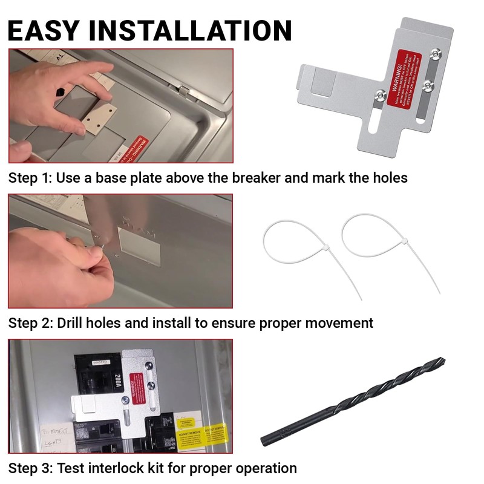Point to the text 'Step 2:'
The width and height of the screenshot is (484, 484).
30,323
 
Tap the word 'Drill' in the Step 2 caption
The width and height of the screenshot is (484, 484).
72,323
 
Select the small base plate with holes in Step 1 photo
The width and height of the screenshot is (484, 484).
99,117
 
